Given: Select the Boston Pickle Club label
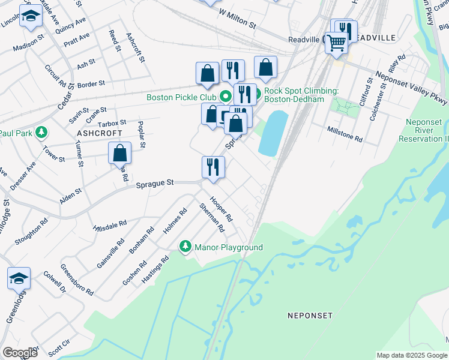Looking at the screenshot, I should pos(181,97).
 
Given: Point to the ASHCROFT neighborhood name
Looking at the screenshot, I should pos(99,133).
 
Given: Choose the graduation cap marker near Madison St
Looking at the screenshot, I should pos(30,17).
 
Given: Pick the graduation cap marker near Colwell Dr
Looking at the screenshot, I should pos(19,278).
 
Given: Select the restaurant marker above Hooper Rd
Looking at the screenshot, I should pos(213,167).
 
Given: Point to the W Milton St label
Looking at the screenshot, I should pos(238,20).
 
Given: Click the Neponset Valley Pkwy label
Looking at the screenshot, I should pos(411,89).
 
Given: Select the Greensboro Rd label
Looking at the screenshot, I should pos(77,280).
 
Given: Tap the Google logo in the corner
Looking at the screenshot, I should pos(19,353).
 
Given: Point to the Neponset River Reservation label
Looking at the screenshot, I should pos(424,130).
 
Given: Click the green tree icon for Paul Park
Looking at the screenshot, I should pos(41,131).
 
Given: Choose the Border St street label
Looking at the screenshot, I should pos(91,83).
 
